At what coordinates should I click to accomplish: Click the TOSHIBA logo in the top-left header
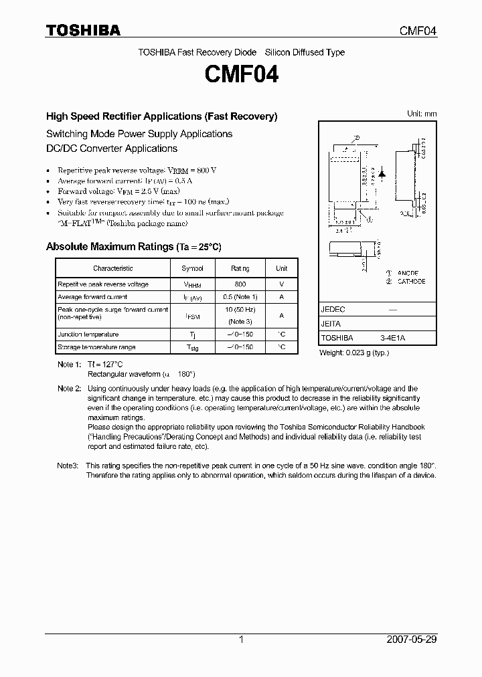point(83,30)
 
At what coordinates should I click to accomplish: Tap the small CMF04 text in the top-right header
point(418,31)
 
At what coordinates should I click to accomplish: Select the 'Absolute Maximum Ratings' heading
point(109,247)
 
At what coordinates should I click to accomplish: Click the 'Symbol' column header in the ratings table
point(191,268)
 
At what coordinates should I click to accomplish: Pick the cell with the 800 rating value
point(240,284)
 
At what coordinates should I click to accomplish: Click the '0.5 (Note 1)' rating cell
point(240,296)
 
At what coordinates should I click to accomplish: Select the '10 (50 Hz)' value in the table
point(240,310)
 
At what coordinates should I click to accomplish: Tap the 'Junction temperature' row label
point(88,334)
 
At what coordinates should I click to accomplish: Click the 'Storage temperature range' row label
point(96,347)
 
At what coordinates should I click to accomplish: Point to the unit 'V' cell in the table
point(281,284)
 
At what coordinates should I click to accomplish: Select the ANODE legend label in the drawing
point(408,273)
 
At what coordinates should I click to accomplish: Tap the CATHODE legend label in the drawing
point(411,282)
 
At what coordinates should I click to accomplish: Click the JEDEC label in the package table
point(333,310)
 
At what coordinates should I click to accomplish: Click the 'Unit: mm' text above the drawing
point(422,114)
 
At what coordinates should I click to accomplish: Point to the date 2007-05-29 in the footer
point(412,640)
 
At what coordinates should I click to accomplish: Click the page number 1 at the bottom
point(241,640)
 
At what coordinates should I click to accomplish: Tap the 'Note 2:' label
point(69,388)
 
